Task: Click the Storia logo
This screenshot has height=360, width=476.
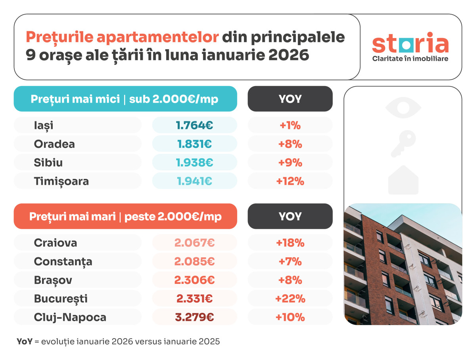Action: point(410,45)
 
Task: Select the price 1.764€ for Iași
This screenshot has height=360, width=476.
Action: point(194,125)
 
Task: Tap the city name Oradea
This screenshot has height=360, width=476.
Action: point(54,144)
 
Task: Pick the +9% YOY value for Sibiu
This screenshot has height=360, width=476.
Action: point(290,163)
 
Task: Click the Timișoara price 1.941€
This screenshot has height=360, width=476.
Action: point(194,181)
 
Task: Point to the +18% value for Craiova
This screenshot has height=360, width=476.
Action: point(290,243)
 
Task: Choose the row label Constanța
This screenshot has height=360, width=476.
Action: point(63,261)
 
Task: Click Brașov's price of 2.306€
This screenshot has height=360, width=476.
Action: point(194,280)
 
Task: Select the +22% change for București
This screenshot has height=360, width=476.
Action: point(290,299)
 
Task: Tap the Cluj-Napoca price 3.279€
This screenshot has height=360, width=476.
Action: point(194,317)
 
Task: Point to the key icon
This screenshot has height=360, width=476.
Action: point(403,144)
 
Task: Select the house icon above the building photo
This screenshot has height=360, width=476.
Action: point(403,180)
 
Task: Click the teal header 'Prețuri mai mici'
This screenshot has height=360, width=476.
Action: point(125,99)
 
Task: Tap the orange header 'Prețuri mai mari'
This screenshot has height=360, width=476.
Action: point(125,216)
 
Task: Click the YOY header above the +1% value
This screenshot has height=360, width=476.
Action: point(290,99)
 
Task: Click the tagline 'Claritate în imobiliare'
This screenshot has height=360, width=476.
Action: point(410,58)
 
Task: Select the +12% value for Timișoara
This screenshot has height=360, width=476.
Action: point(290,181)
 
